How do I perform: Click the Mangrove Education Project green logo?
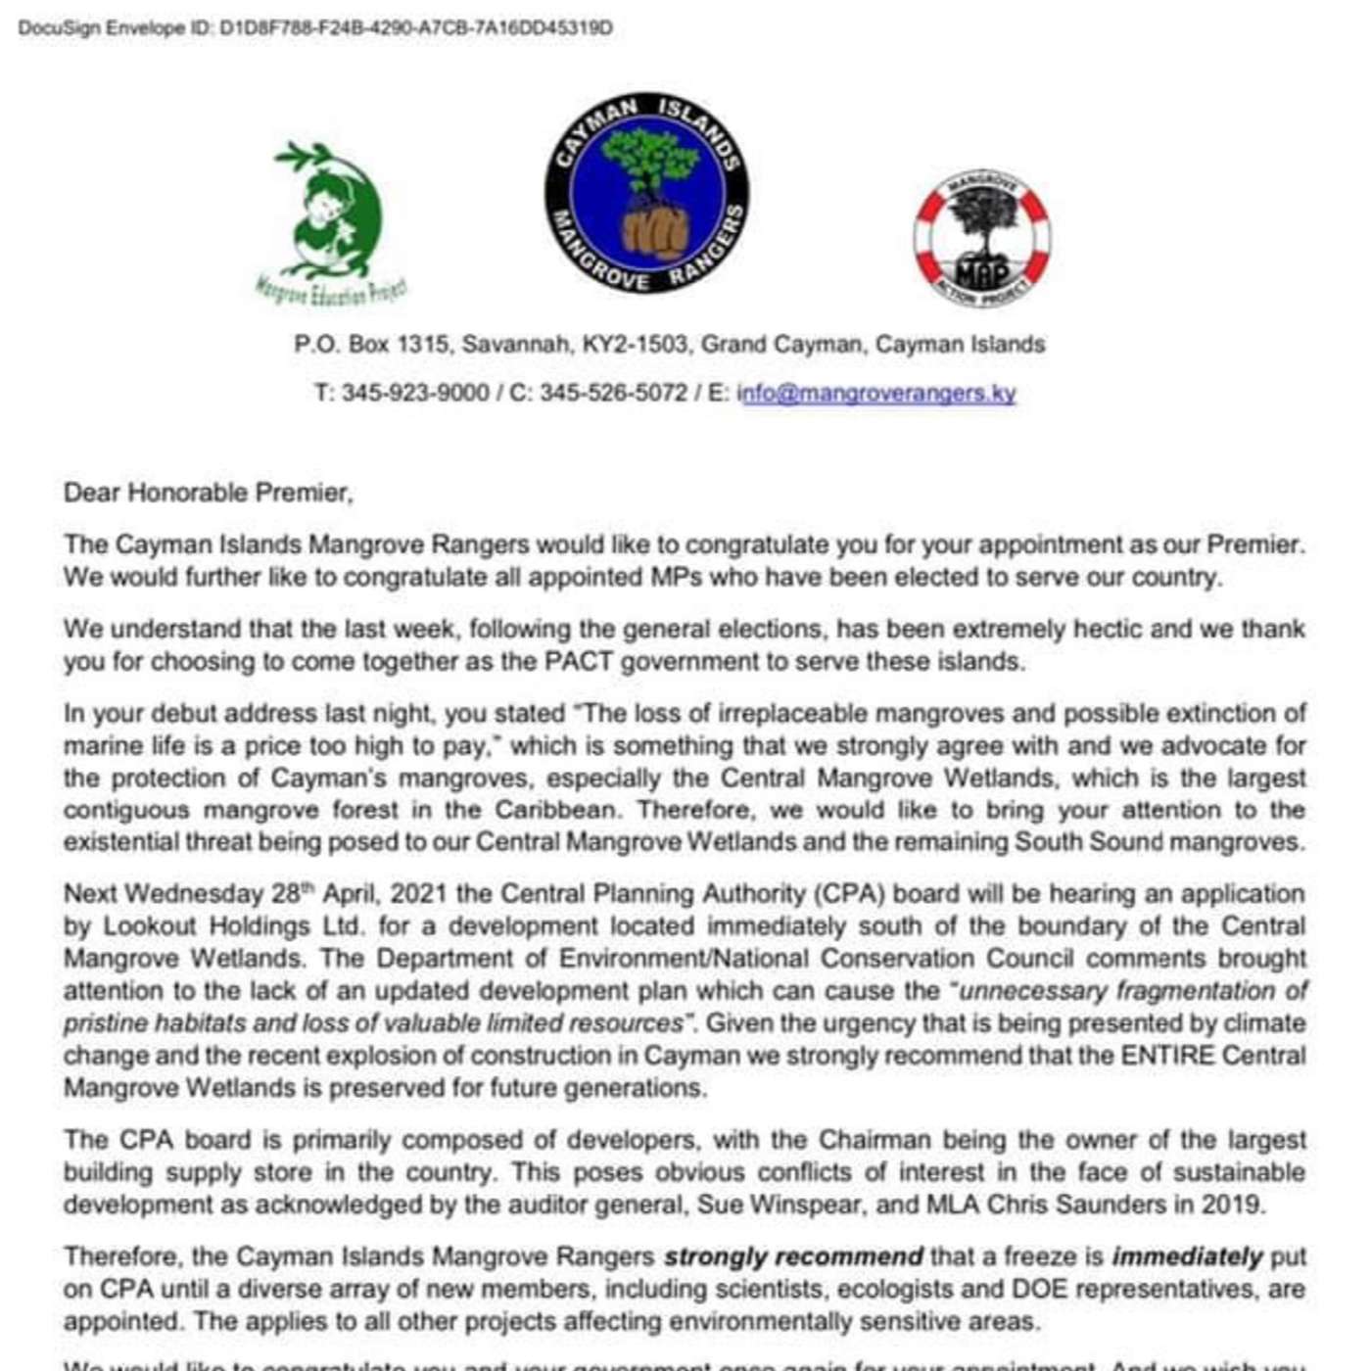[x=328, y=221]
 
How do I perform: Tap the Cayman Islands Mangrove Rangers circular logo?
[x=647, y=193]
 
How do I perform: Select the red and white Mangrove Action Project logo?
[x=981, y=237]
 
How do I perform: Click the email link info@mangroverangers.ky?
[x=877, y=393]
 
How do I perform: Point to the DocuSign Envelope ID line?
[x=315, y=27]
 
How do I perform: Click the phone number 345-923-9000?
[x=415, y=393]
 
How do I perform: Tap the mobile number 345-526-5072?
[x=613, y=393]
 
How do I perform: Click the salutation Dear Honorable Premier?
[x=208, y=492]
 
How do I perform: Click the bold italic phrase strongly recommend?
[x=793, y=1256]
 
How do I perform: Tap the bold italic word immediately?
[x=1187, y=1256]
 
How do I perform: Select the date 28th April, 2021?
[x=358, y=894]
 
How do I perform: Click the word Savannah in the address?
[x=516, y=345]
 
